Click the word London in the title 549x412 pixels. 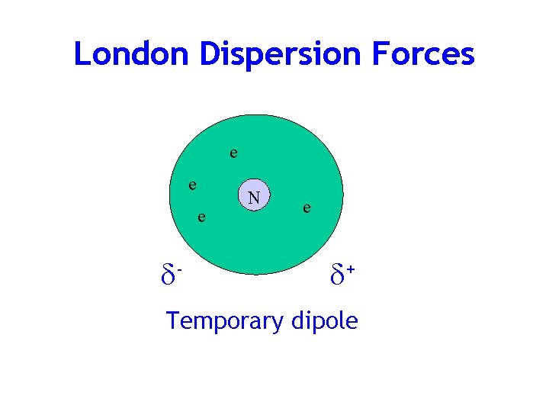tap(132, 54)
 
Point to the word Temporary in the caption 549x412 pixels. tap(224, 321)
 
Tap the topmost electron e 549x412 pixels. tap(233, 153)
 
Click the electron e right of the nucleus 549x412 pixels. tap(305, 207)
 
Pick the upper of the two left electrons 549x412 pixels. tap(194, 185)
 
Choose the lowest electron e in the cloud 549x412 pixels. tap(201, 218)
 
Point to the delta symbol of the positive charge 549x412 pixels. tap(338, 272)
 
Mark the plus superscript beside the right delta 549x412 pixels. tap(351, 266)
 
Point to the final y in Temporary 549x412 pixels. tap(278, 324)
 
